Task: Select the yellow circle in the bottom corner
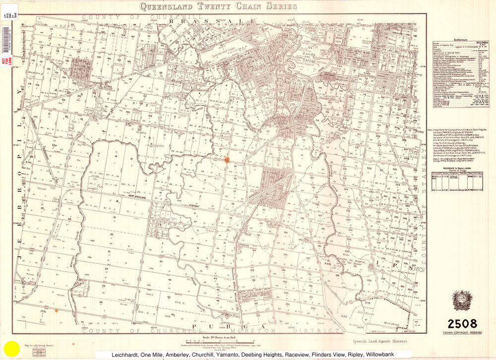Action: (x=11, y=349)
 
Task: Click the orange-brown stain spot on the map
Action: (x=227, y=160)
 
